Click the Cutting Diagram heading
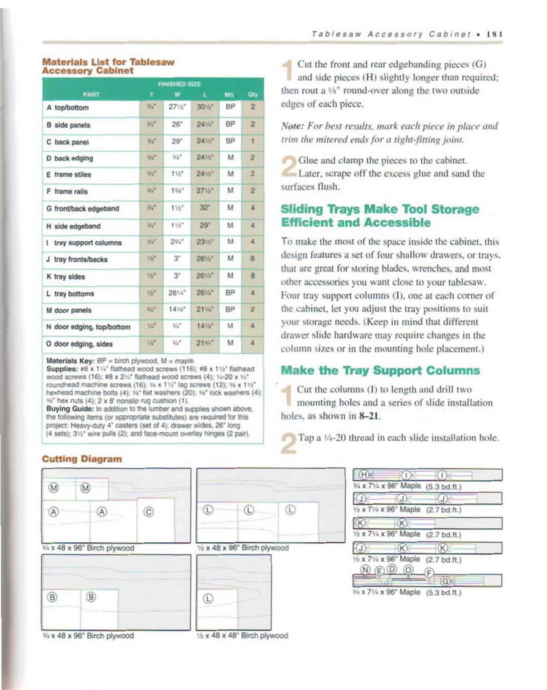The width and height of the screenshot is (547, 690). point(82,458)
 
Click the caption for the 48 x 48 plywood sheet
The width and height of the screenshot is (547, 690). point(243,635)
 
